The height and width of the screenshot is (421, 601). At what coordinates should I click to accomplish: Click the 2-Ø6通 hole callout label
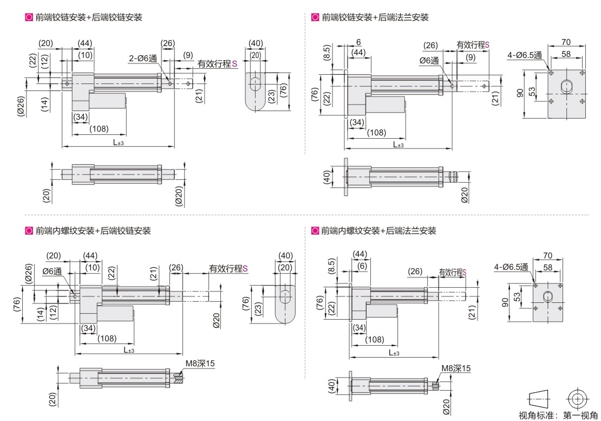coord(143,59)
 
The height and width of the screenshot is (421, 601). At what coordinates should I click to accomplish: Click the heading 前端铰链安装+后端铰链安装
coord(89,17)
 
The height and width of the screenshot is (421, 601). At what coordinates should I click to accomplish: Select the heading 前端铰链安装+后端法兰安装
coord(375,17)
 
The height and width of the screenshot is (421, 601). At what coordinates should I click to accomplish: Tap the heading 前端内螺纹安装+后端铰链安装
coord(93,230)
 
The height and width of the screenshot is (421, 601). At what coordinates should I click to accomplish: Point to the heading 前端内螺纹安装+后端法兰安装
coord(378,230)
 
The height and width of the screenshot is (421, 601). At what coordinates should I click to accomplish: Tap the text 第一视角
coord(580,415)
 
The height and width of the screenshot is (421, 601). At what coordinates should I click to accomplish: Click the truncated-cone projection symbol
coord(539,399)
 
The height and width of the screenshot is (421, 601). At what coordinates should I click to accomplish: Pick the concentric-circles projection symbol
coord(577,399)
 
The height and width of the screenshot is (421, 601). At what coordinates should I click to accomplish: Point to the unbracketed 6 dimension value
coord(358,42)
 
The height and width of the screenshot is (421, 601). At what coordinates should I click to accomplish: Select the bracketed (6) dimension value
coord(362,265)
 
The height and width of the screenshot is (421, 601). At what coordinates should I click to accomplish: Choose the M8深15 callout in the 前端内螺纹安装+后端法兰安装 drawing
coord(456,368)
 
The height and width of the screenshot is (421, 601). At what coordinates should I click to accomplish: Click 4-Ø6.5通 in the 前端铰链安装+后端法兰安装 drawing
coord(525,55)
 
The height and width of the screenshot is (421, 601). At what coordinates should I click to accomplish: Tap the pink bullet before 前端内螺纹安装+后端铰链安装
coord(29,230)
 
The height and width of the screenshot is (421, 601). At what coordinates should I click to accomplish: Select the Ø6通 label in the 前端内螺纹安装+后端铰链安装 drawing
coord(52,271)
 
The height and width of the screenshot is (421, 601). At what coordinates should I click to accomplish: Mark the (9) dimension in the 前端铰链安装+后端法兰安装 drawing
coord(471,57)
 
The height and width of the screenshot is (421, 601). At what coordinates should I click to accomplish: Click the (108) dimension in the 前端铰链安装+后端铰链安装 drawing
coord(99,129)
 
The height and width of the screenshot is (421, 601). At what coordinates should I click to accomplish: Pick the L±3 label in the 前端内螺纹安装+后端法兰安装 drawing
coord(394,352)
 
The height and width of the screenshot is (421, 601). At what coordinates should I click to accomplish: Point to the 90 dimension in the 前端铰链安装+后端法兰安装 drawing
coord(520,93)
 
